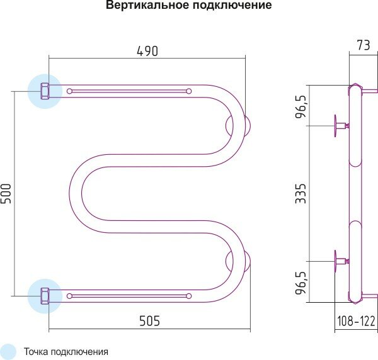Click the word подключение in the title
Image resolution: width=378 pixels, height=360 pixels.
tap(224, 6)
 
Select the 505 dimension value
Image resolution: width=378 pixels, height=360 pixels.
tap(149, 320)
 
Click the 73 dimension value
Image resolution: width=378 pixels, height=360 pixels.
tap(364, 45)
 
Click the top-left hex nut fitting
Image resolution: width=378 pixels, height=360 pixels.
tap(45, 91)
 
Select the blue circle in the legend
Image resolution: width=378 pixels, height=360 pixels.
tap(8, 352)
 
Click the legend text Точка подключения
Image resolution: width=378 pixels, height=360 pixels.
tap(66, 352)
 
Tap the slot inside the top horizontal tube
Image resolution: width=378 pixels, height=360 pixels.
tap(129, 91)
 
